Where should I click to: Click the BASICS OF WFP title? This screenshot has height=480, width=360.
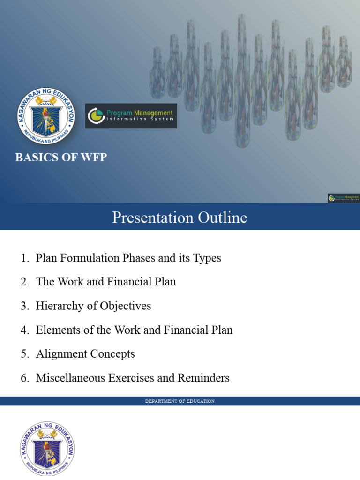point(61,157)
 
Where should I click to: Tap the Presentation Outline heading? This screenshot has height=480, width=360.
point(180,217)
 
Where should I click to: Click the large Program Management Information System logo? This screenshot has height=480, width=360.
point(131,116)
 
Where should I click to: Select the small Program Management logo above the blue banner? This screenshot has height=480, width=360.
point(344,198)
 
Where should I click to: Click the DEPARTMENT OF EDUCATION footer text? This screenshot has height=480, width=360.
point(180,401)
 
